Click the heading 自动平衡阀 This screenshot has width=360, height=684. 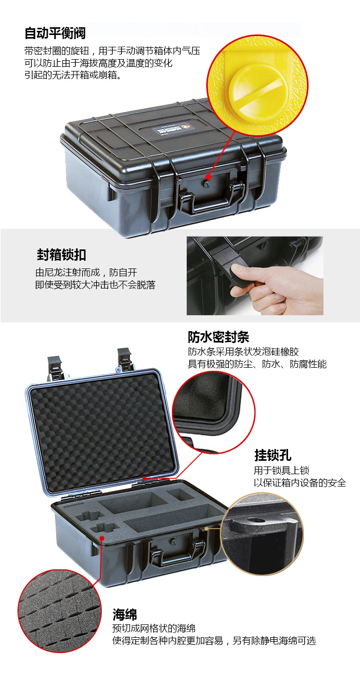pos(55,33)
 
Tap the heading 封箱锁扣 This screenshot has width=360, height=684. pos(61,255)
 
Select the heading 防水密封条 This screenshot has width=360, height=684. pos(219,337)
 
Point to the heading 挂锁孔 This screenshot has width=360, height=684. pos(273,455)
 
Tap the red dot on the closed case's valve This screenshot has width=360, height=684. pos(208,177)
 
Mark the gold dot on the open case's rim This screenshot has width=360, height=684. pos(207,528)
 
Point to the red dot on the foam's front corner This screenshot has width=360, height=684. pos(102,538)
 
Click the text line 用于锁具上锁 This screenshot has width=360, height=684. pos(281,470)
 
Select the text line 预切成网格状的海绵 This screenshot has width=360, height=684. pos(154,628)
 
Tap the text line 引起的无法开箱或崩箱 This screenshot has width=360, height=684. pos(73,75)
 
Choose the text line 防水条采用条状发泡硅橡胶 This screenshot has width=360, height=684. pos(243,352)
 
